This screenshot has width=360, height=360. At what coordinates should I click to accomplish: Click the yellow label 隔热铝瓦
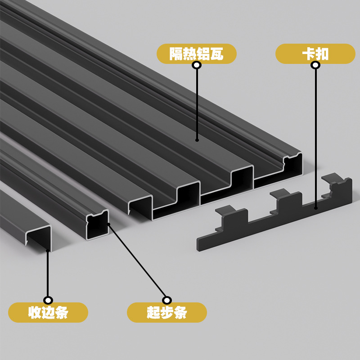coord(197,54)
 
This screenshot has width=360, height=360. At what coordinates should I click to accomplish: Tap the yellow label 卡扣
coord(315,54)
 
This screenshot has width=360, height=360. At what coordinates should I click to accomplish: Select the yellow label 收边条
coord(48,312)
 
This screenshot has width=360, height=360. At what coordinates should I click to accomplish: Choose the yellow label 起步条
coord(167,312)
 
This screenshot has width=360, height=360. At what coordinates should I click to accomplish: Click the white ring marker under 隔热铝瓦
coord(197,65)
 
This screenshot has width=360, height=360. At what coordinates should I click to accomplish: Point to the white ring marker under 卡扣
coord(315,65)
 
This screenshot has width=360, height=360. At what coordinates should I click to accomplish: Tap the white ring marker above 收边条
coord(48,300)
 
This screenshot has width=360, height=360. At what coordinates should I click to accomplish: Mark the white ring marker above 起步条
coord(167,300)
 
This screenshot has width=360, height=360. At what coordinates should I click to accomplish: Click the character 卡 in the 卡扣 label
coord(308,54)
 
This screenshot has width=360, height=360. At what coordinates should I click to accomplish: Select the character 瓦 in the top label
coord(217,54)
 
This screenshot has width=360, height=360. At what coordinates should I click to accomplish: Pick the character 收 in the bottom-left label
coord(35,312)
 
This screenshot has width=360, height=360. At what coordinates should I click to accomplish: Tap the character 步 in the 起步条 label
coord(167,312)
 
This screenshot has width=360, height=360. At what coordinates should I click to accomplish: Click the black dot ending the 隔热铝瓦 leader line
coord(197,140)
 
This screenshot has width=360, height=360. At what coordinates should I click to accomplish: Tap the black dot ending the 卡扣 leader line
coord(316,208)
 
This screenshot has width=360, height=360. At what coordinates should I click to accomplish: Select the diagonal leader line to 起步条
coord(137,261)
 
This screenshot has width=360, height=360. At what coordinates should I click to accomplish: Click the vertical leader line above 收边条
coord(48,274)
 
